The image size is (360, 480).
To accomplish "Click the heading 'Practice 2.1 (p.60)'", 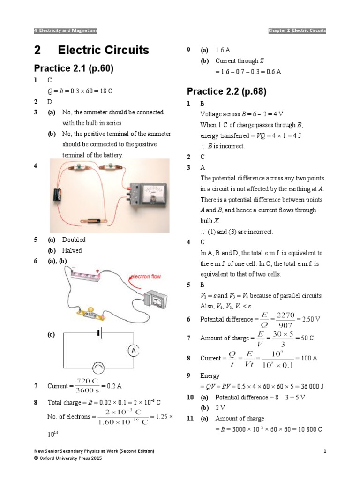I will pyautogui.click(x=74, y=68).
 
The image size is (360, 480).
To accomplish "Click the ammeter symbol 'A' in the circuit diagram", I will pyautogui.click(x=133, y=351).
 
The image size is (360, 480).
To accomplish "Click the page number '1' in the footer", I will pyautogui.click(x=324, y=450).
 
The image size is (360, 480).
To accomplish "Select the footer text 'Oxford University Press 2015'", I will pyautogui.click(x=70, y=458).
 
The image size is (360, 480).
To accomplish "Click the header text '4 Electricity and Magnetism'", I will pyautogui.click(x=65, y=31).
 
